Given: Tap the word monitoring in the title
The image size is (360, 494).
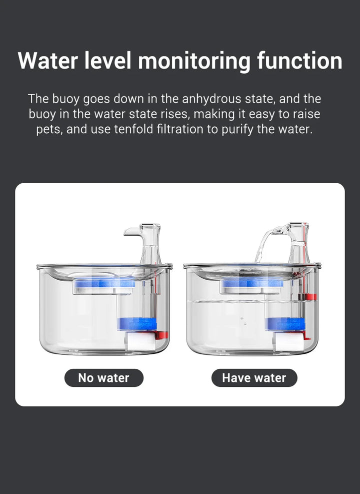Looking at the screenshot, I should point(193,61).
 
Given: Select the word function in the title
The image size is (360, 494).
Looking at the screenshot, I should point(299,61).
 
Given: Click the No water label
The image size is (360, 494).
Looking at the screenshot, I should point(103,378).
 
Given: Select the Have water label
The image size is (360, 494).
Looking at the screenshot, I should point(254,378).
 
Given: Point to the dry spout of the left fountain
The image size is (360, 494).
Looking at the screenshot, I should point(133,231).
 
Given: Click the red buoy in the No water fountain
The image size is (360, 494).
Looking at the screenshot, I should point(161,334).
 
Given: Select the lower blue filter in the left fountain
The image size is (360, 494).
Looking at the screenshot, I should point(137,324).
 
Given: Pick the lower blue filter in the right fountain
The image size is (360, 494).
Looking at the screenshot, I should point(285,323).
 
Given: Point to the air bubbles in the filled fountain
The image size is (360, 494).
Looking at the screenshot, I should point(244,320).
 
